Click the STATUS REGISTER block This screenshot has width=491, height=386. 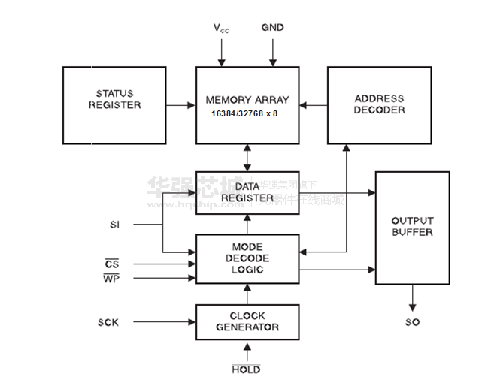click(x=114, y=105)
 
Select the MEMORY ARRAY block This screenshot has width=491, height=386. click(x=247, y=105)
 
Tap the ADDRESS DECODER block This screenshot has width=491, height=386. click(x=379, y=105)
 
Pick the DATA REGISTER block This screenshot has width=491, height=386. click(x=247, y=192)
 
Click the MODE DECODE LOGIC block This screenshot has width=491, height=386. click(x=247, y=258)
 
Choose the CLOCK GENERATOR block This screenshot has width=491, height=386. click(x=247, y=321)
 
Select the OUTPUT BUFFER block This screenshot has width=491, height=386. click(x=412, y=228)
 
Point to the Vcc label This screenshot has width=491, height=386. click(x=221, y=29)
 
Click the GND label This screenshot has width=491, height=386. click(x=272, y=28)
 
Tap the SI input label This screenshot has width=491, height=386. click(x=114, y=224)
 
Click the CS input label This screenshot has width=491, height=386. click(x=112, y=264)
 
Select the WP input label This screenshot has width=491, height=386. click(x=111, y=279)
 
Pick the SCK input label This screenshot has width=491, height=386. click(x=108, y=322)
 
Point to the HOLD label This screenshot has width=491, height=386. click(x=246, y=369)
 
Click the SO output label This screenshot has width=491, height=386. click(x=412, y=322)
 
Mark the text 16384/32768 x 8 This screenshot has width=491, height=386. click(x=244, y=113)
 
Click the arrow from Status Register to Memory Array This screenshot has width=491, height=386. click(x=180, y=105)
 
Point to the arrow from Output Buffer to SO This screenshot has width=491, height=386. click(x=412, y=297)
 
